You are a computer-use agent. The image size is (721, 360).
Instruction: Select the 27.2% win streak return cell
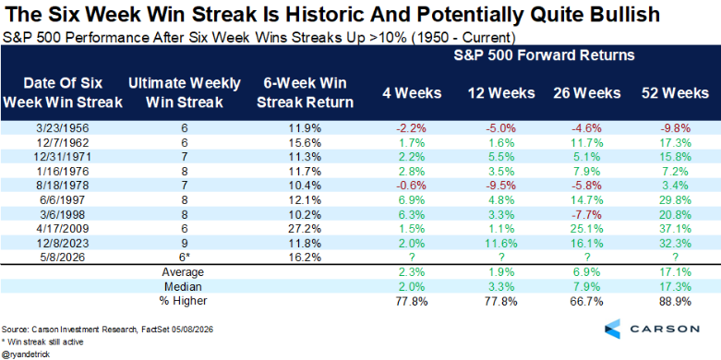tap(306, 229)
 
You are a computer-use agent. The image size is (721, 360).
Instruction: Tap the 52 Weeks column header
tap(675, 93)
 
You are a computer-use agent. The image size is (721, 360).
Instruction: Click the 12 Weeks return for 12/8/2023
tap(501, 243)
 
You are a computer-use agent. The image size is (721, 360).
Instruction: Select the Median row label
tap(184, 286)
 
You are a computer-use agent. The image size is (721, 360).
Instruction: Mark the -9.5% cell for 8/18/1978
tap(501, 186)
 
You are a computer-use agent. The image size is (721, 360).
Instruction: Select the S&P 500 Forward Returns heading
tap(544, 55)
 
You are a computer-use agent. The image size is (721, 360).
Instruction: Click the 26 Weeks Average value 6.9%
tap(588, 271)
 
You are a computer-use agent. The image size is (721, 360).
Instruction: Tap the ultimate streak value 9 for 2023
tap(184, 243)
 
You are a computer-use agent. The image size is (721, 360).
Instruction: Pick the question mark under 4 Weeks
tap(412, 257)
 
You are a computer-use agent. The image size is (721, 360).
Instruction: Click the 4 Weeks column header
tap(412, 93)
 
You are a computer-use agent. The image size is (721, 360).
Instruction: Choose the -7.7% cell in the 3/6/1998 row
tap(588, 214)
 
